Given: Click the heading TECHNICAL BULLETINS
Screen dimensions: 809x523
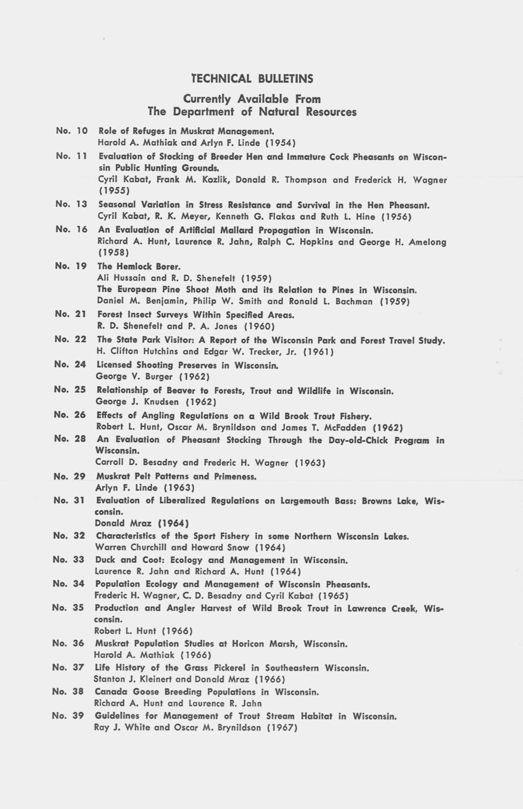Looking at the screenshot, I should click(x=252, y=79).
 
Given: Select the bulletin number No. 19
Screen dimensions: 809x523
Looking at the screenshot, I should click(x=71, y=266).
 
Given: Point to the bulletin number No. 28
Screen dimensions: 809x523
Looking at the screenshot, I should click(x=70, y=439).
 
